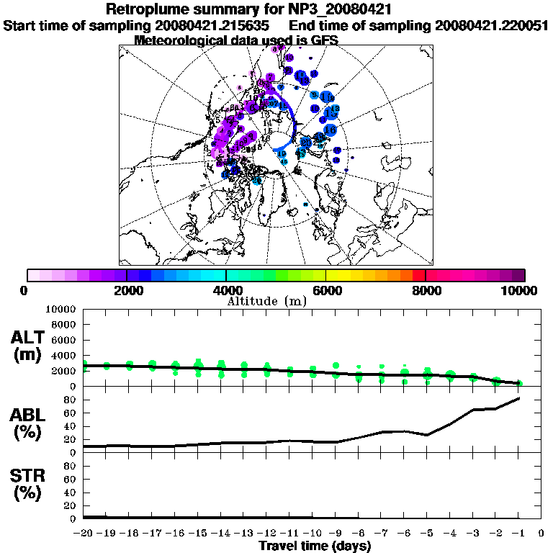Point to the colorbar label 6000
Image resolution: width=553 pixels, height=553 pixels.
pos(325,290)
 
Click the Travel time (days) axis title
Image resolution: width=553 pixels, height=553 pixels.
pos(315,547)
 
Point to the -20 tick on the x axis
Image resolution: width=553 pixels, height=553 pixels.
pos(84,533)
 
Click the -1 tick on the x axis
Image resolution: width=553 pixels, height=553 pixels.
pos(518,533)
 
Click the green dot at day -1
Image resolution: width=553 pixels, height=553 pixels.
pos(519,383)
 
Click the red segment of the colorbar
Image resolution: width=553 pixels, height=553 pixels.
pos(418,275)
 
